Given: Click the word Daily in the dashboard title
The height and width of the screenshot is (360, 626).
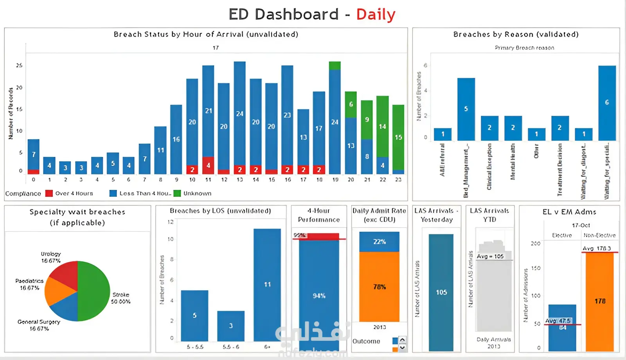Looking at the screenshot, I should pyautogui.click(x=376, y=14).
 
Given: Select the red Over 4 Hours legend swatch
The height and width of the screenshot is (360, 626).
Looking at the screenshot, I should pyautogui.click(x=49, y=193).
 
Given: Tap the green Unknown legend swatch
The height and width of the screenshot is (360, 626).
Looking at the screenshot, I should pyautogui.click(x=177, y=193).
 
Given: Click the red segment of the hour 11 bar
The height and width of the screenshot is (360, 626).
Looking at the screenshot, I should pyautogui.click(x=208, y=165).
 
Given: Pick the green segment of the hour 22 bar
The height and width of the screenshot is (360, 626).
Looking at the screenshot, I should pyautogui.click(x=382, y=126).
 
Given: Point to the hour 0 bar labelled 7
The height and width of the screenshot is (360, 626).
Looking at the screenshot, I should pyautogui.click(x=34, y=154).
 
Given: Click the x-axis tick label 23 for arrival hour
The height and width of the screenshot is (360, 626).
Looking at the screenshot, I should pyautogui.click(x=398, y=180).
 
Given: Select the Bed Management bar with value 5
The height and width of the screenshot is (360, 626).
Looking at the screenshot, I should pyautogui.click(x=466, y=109).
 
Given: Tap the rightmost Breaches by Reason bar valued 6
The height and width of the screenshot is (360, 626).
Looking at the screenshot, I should pyautogui.click(x=607, y=103).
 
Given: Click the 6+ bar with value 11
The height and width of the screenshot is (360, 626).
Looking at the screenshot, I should pyautogui.click(x=267, y=284).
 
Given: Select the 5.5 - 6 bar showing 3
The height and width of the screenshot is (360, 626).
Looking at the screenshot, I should pyautogui.click(x=231, y=326).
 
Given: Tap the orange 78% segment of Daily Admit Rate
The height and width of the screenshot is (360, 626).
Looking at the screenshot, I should pyautogui.click(x=379, y=286).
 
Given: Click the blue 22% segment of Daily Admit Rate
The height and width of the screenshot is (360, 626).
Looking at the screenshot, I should pyautogui.click(x=379, y=241).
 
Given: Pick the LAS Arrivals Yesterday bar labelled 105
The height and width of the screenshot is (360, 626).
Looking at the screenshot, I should pyautogui.click(x=441, y=292).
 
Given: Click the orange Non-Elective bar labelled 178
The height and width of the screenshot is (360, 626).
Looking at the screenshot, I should pyautogui.click(x=600, y=301).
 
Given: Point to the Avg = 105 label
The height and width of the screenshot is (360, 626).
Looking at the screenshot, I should pyautogui.click(x=490, y=256).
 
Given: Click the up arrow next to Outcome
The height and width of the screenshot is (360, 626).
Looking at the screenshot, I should pyautogui.click(x=402, y=339).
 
